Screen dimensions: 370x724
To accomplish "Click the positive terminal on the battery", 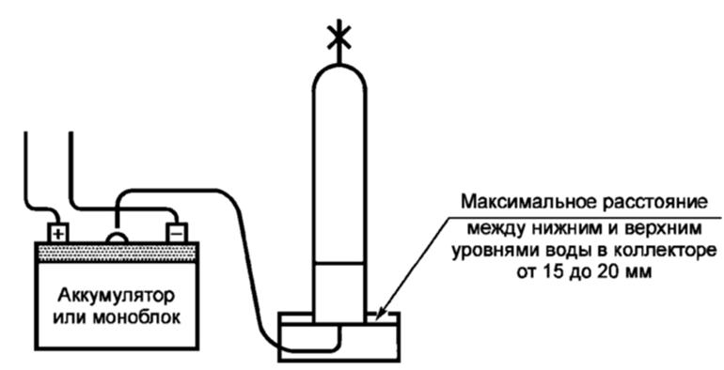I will [58, 231].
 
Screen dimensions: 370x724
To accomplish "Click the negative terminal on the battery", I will [175, 231].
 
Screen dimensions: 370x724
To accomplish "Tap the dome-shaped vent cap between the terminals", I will [117, 236].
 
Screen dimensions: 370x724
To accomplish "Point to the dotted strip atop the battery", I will [117, 251].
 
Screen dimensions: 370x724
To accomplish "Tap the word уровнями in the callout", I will [493, 251].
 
